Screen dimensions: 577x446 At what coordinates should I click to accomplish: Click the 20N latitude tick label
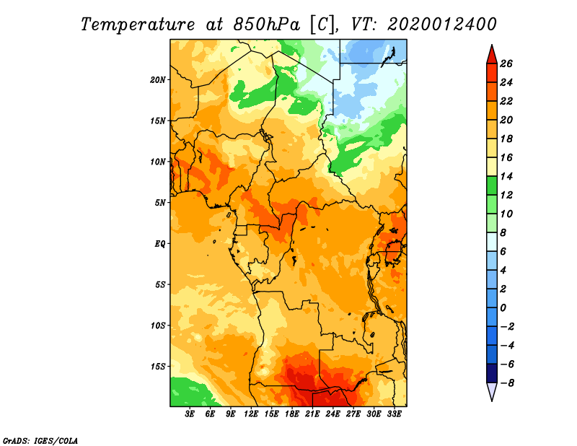pos(158,80)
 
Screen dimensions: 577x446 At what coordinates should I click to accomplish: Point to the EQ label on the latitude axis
pos(159,244)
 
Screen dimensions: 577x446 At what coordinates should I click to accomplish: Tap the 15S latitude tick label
pos(158,367)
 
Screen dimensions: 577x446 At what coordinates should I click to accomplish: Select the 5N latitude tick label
pos(160,203)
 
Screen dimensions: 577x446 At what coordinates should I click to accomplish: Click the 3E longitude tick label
pos(190,414)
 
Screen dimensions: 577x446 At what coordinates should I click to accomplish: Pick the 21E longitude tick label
pos(312,414)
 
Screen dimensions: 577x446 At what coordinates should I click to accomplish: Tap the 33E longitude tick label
pos(394,414)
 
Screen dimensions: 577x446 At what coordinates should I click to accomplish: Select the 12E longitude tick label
pos(250,414)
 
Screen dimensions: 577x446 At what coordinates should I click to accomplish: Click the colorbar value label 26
pos(506,64)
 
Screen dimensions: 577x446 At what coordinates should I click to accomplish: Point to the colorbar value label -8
pos(507,383)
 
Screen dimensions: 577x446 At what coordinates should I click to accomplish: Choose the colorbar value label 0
pos(503,308)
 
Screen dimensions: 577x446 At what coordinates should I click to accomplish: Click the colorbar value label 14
pos(506,176)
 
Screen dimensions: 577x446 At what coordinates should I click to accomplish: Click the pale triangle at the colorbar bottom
pos(492,390)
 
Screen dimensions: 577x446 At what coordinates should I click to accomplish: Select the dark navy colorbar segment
pos(492,373)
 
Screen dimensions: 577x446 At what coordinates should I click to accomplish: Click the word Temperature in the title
pos(138,25)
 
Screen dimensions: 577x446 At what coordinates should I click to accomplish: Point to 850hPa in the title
pos(266,25)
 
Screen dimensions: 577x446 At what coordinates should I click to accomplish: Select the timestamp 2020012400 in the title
pos(441,25)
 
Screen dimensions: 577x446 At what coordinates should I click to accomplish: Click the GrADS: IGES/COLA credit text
pos(40,440)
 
